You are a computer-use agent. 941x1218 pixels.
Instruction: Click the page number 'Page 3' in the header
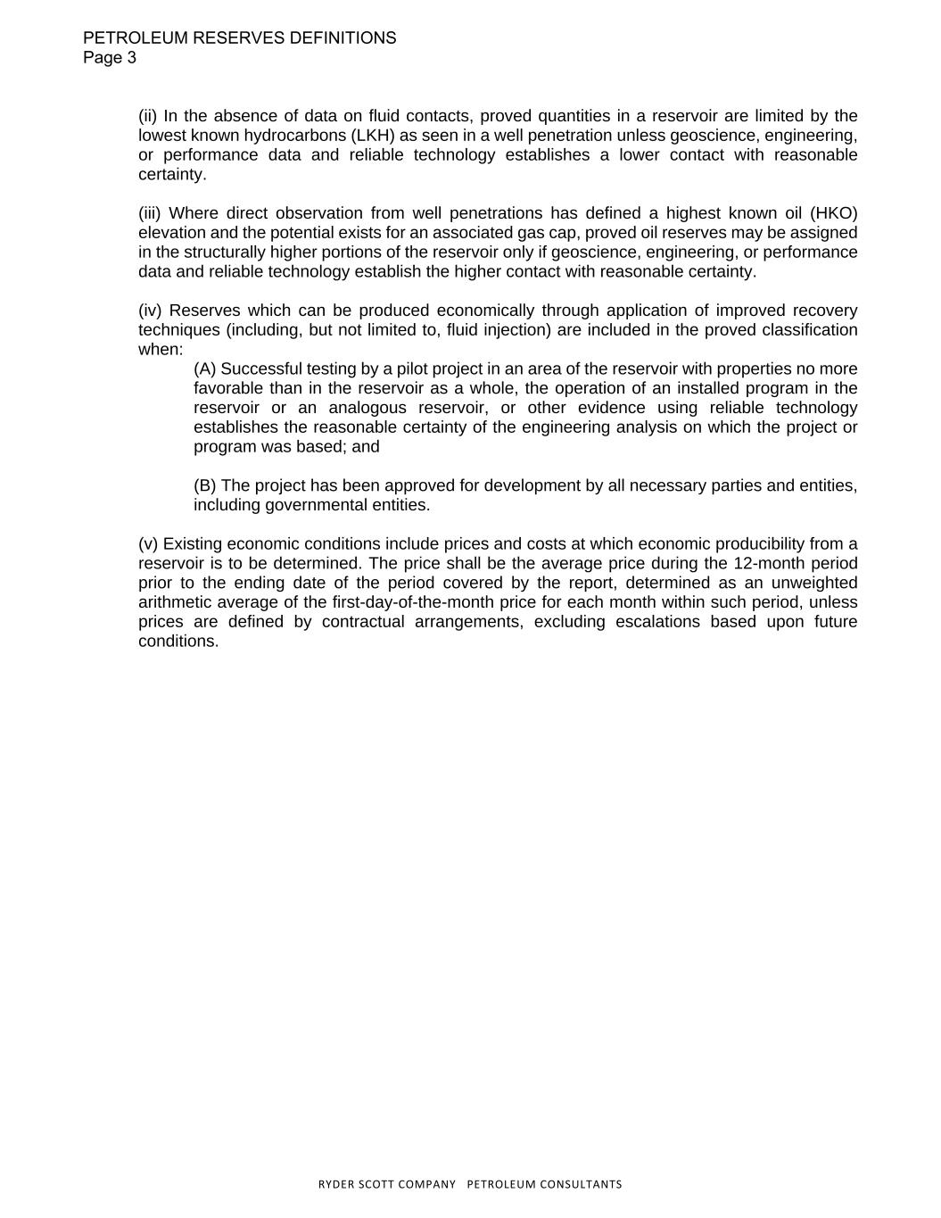click(x=110, y=58)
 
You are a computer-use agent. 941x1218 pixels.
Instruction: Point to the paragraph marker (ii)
click(x=148, y=116)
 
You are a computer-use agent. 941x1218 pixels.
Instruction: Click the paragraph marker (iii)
click(x=151, y=213)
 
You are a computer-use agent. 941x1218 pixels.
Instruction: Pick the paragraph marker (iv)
click(x=151, y=311)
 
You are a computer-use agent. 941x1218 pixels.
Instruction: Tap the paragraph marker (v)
click(x=148, y=544)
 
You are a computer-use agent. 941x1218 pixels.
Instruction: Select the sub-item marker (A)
click(x=205, y=369)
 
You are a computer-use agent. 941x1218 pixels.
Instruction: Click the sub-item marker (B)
click(x=205, y=486)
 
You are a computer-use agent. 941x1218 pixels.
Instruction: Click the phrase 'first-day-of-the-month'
click(x=414, y=602)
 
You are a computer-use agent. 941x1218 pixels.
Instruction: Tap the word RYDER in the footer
click(x=336, y=1184)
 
